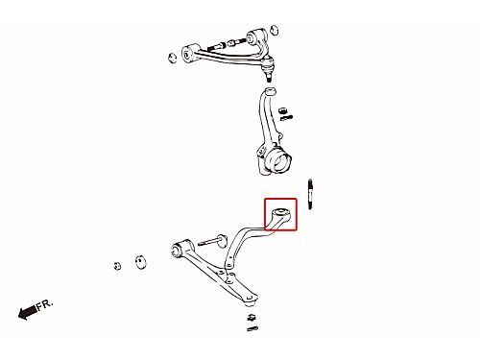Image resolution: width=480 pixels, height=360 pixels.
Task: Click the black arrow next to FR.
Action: (27, 312)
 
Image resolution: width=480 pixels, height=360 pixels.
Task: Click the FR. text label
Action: (44, 304)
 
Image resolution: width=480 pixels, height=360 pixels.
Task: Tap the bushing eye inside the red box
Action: (281, 212)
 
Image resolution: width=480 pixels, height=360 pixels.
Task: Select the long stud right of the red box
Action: (310, 194)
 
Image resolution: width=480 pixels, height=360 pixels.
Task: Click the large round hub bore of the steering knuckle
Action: (280, 160)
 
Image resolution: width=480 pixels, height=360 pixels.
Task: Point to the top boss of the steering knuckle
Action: (271, 91)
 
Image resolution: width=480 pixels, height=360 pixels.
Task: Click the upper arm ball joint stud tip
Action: (269, 77)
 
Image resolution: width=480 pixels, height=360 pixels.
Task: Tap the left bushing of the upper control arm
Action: (189, 53)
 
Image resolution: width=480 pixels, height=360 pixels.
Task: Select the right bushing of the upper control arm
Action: (256, 36)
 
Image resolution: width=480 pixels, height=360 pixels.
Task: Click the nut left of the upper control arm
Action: (173, 58)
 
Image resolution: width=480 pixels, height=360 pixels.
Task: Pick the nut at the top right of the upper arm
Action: (274, 30)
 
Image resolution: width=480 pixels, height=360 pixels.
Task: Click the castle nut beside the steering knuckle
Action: (282, 110)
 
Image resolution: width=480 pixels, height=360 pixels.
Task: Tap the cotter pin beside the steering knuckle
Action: (286, 118)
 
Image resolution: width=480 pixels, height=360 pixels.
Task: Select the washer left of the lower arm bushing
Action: (140, 262)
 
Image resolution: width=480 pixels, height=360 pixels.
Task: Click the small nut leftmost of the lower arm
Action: (117, 266)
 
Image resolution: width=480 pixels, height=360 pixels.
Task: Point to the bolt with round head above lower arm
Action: (212, 241)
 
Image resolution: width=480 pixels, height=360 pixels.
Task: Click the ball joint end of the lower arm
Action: (251, 300)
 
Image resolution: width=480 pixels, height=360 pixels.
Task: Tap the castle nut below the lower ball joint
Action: (252, 318)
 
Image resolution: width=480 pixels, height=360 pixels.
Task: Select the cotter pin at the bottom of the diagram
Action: (252, 328)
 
